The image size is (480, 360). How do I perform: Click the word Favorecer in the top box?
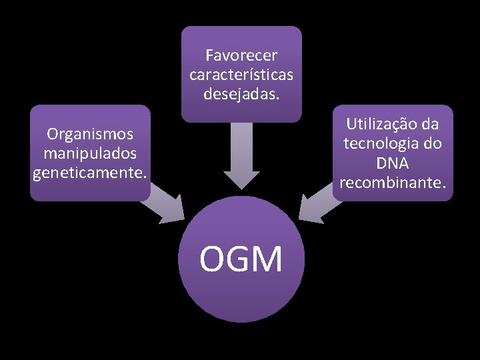coord(241,54)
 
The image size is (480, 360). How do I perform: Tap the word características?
coord(241,73)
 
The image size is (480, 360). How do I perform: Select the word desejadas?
coord(241,93)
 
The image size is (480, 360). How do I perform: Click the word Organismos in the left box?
coord(90,133)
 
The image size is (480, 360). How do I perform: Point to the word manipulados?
coord(90,153)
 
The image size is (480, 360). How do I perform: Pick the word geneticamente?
coord(89,173)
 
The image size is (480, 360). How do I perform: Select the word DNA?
coord(393,163)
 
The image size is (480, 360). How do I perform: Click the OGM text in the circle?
coord(241,259)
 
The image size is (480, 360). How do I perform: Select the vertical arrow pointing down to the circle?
coord(241,153)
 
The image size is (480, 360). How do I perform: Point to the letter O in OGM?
coord(213,259)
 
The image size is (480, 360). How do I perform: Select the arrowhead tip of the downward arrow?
coord(241,187)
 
